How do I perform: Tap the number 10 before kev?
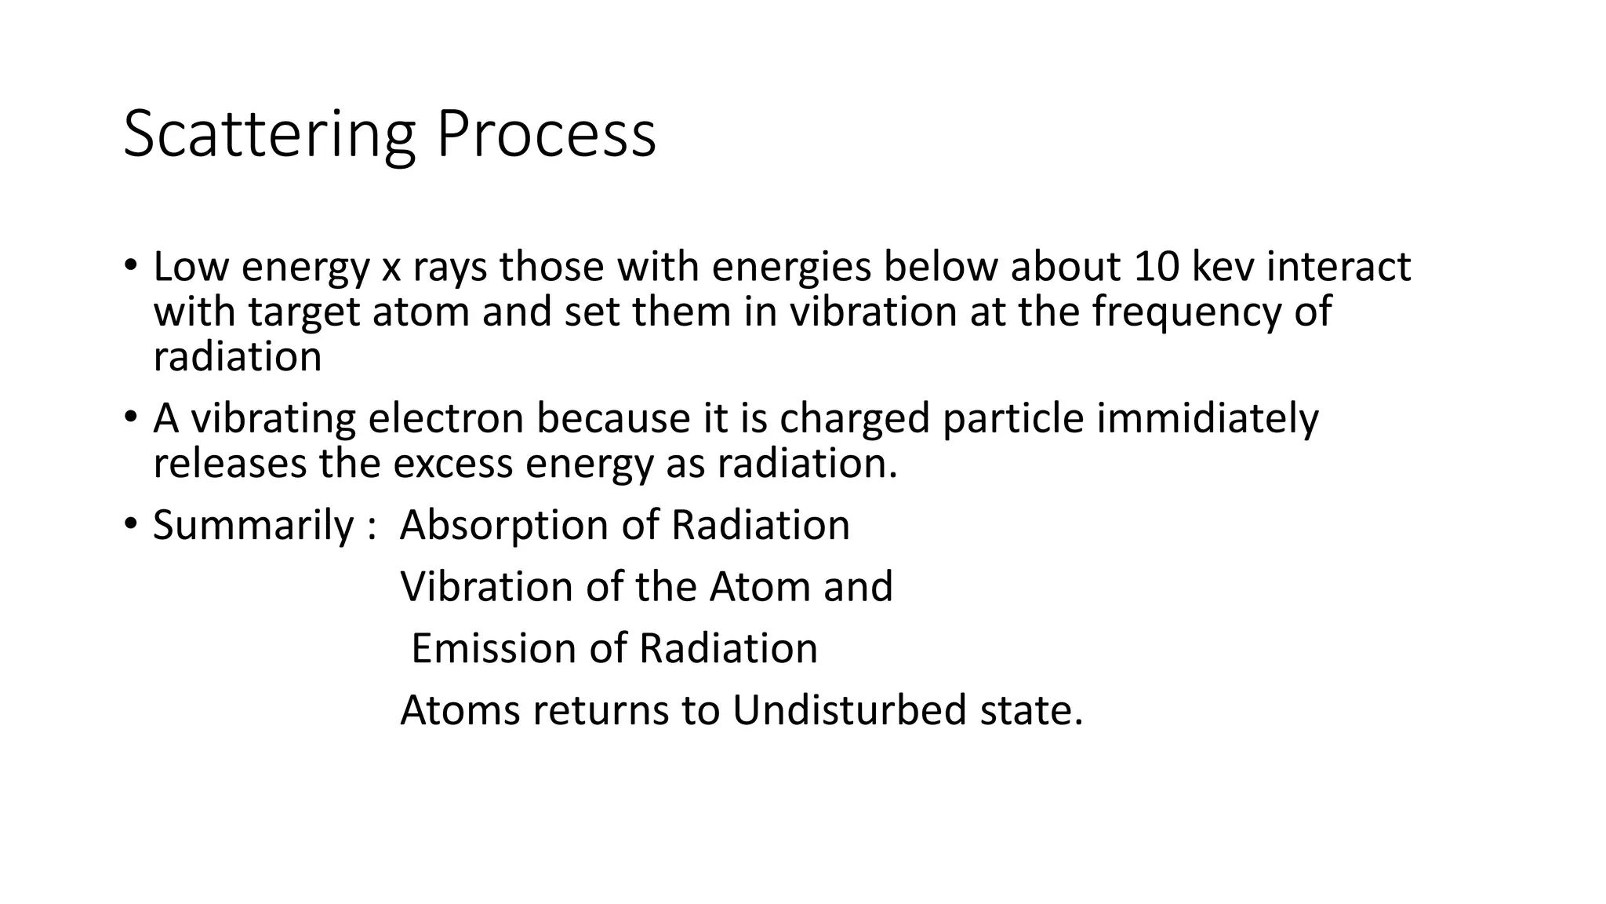[1156, 267]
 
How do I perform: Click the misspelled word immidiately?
[1208, 418]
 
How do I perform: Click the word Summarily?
[253, 525]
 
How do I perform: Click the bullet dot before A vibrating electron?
[130, 416]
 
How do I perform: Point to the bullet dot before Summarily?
[130, 523]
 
